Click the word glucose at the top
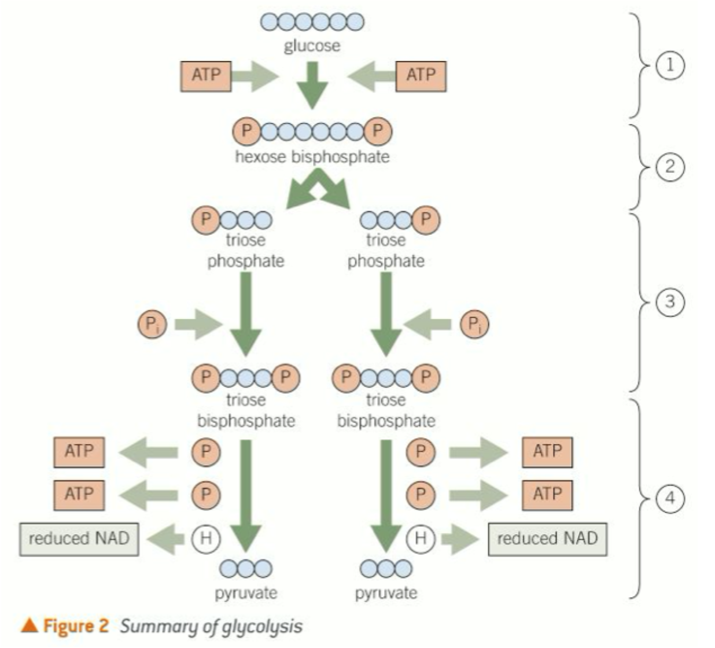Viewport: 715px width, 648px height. pyautogui.click(x=312, y=46)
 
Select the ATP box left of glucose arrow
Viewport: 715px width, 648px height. pyautogui.click(x=206, y=76)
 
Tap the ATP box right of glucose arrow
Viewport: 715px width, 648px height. pyautogui.click(x=421, y=76)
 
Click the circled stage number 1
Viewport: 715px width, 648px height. pyautogui.click(x=669, y=65)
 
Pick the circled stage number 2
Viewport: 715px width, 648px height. pyautogui.click(x=669, y=167)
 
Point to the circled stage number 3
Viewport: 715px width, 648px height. pyautogui.click(x=669, y=301)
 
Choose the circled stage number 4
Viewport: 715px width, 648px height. pyautogui.click(x=669, y=498)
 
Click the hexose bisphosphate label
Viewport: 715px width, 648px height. pyautogui.click(x=312, y=157)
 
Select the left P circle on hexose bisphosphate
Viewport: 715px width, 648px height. pyautogui.click(x=247, y=131)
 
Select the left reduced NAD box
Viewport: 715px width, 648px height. pyautogui.click(x=79, y=539)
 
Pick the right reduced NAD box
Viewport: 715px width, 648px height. pyautogui.click(x=547, y=539)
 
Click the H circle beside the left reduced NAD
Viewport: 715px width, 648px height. pyautogui.click(x=206, y=538)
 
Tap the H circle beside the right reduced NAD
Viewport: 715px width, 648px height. pyautogui.click(x=421, y=538)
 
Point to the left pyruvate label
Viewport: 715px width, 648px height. pyautogui.click(x=246, y=593)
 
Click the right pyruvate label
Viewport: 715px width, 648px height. pyautogui.click(x=386, y=593)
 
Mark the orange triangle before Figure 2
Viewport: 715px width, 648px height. pyautogui.click(x=29, y=625)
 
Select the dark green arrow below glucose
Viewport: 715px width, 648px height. pyautogui.click(x=312, y=84)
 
